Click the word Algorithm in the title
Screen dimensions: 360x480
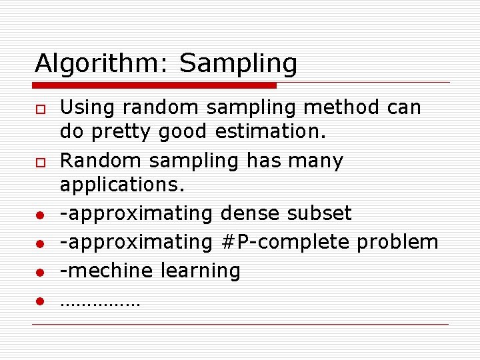click(x=101, y=65)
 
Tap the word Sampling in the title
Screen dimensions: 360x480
click(x=238, y=65)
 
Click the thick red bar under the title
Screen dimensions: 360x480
click(x=155, y=85)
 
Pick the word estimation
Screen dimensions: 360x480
click(x=270, y=131)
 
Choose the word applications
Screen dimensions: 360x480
click(x=121, y=185)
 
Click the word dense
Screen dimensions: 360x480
click(x=250, y=213)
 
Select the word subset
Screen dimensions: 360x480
click(x=319, y=213)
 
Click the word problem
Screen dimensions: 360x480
click(x=397, y=242)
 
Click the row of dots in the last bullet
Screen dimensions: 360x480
click(x=100, y=304)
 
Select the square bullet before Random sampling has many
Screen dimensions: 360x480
click(x=40, y=162)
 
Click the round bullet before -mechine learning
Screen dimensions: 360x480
click(x=40, y=273)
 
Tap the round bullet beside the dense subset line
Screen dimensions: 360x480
click(x=40, y=215)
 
